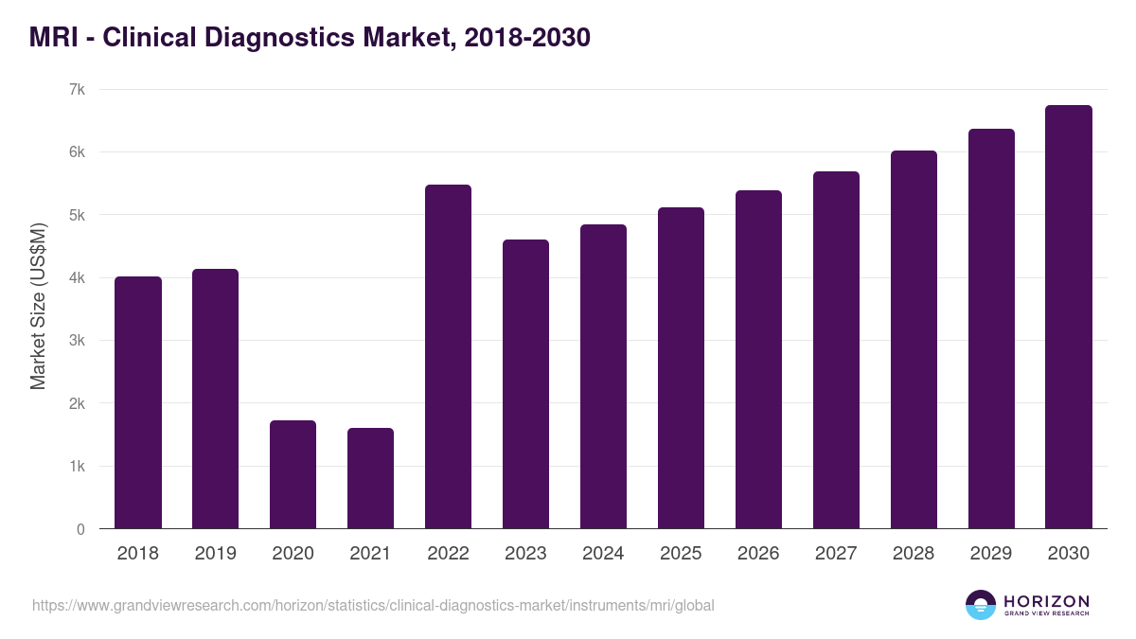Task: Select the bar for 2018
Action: [x=138, y=402]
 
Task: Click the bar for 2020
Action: [x=293, y=474]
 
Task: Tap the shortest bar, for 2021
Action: [x=370, y=478]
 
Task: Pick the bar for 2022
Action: [x=448, y=357]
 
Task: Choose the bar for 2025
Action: [x=681, y=368]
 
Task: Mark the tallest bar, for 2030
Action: [x=1069, y=317]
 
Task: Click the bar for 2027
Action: [x=836, y=350]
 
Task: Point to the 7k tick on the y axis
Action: [x=77, y=90]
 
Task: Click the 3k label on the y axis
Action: [x=77, y=341]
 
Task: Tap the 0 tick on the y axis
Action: [x=80, y=529]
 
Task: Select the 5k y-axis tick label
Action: [x=77, y=215]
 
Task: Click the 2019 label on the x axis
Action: [x=215, y=554]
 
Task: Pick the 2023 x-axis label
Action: [x=525, y=554]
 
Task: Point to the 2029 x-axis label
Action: [x=991, y=554]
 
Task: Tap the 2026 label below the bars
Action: [x=758, y=554]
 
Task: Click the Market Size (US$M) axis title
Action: [x=38, y=307]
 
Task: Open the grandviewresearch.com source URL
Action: [x=373, y=605]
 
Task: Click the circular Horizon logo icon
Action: [x=981, y=605]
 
